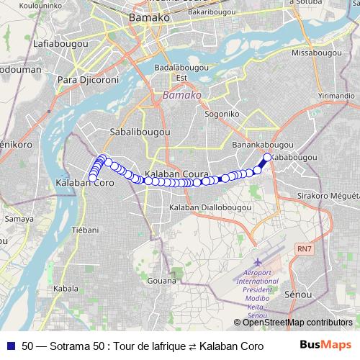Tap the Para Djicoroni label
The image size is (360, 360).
(x=87, y=79)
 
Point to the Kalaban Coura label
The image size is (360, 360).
(x=176, y=175)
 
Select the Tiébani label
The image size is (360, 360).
(x=86, y=230)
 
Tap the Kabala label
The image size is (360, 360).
(x=66, y=289)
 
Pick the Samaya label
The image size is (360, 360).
(x=14, y=218)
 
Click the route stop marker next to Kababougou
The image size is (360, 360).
(x=267, y=158)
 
